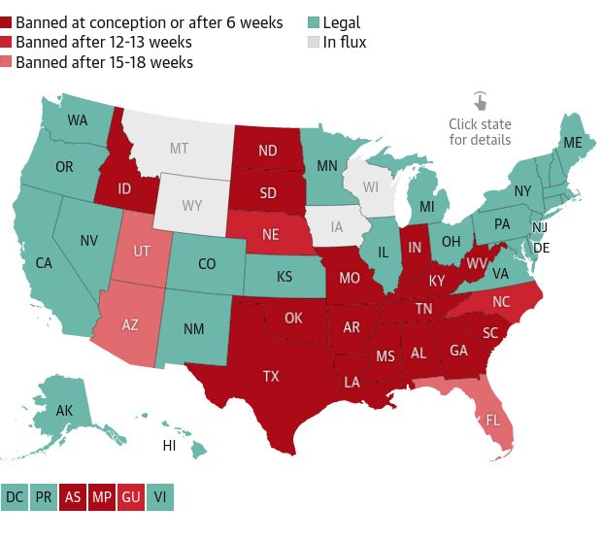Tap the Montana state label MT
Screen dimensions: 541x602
click(x=179, y=149)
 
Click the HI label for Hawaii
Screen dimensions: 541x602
click(x=169, y=446)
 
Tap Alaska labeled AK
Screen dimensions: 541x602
click(x=64, y=411)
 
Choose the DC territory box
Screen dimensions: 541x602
click(x=15, y=497)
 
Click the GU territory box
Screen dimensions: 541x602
click(x=130, y=497)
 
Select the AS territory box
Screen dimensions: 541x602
click(x=72, y=497)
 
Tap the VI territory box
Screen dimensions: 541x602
click(x=158, y=497)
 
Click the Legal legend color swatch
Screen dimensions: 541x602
click(x=314, y=22)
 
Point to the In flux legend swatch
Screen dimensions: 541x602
click(x=314, y=42)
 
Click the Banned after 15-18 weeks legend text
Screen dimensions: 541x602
click(x=104, y=62)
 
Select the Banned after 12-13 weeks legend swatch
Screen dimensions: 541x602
click(x=7, y=42)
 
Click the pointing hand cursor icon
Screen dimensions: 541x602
click(x=480, y=101)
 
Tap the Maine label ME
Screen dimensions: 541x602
click(x=574, y=143)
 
